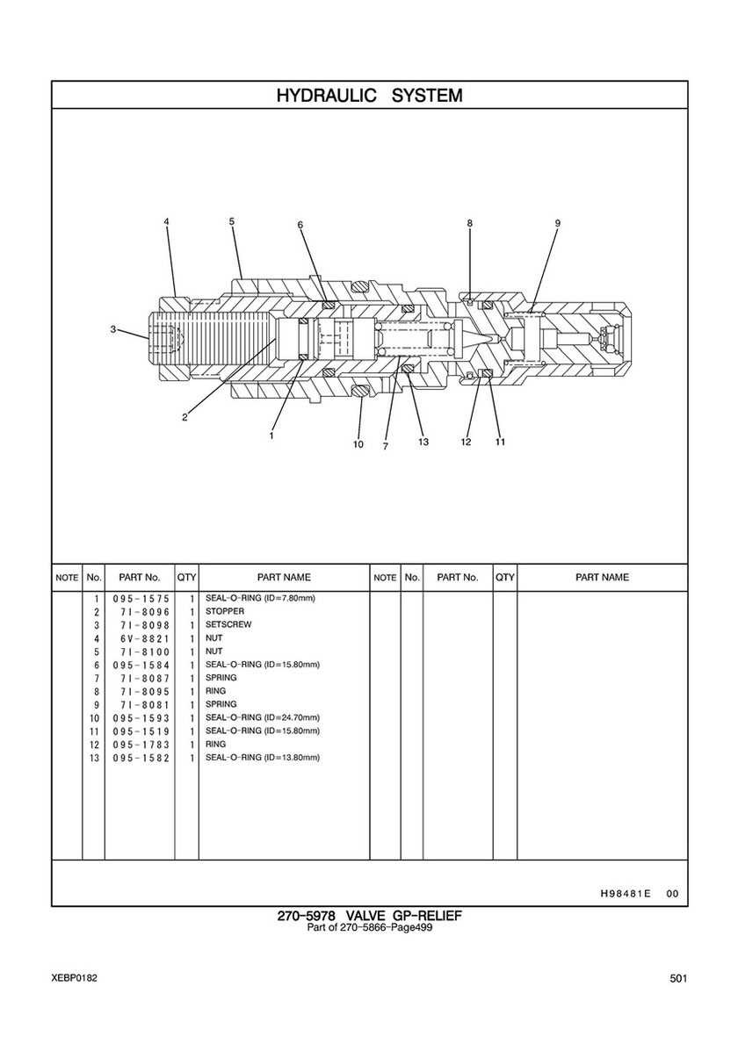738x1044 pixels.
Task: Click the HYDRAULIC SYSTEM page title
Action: click(369, 95)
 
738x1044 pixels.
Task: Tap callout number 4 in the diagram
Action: click(166, 222)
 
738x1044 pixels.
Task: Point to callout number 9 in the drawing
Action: click(557, 224)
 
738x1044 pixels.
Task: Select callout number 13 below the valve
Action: click(423, 442)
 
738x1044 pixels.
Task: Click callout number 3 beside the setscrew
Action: click(113, 329)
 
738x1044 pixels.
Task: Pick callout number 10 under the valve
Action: click(358, 444)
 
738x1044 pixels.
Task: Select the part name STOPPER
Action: click(225, 611)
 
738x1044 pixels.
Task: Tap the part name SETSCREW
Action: click(228, 624)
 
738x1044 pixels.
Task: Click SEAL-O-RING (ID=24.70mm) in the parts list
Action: click(262, 717)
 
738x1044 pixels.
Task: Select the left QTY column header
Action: click(186, 578)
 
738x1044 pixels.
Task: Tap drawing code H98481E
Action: click(626, 894)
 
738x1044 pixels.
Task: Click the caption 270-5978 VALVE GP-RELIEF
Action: click(369, 917)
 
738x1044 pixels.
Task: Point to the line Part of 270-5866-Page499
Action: click(369, 929)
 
